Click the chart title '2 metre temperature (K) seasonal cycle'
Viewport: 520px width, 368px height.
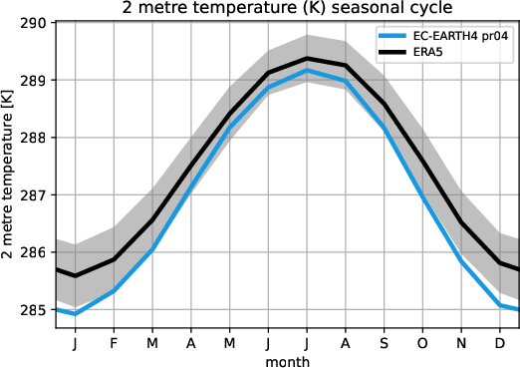coord(289,10)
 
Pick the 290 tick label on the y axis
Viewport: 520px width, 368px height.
coord(37,22)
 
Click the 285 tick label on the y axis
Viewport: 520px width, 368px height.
coord(37,310)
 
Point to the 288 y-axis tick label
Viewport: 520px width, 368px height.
coord(37,138)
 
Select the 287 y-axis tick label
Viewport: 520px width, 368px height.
coord(37,195)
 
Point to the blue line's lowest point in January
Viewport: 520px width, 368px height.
coord(76,314)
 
